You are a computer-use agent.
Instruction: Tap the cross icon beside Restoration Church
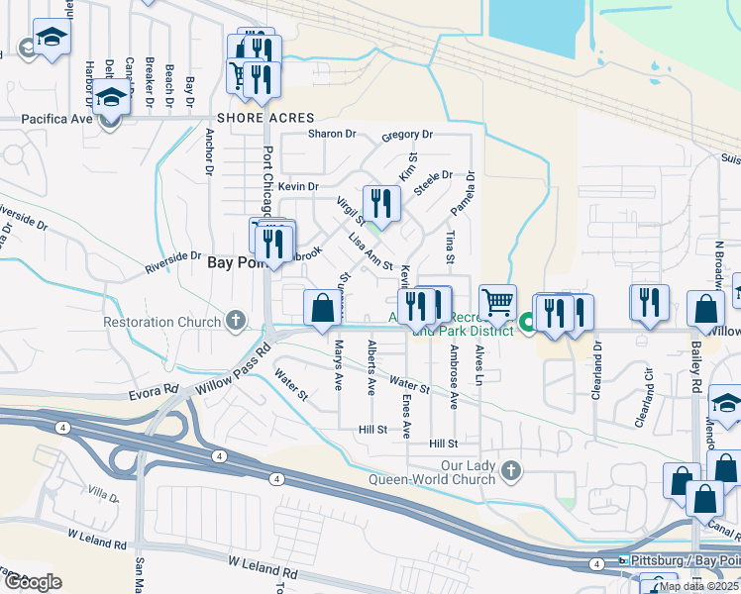235,321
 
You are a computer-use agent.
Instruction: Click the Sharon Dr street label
331,134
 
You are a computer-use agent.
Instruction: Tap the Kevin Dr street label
298,186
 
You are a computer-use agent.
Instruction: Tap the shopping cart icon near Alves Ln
497,301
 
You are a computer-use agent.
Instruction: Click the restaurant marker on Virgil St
381,203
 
